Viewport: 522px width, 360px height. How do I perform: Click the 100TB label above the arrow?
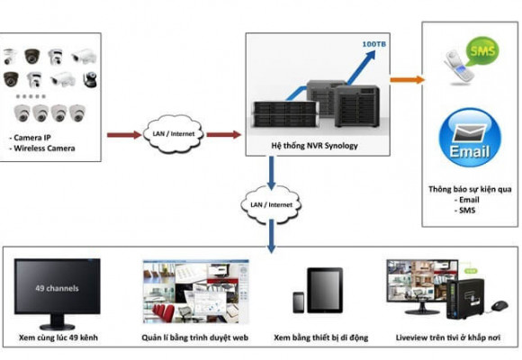pyautogui.click(x=373, y=42)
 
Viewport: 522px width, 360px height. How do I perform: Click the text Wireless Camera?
pyautogui.click(x=44, y=148)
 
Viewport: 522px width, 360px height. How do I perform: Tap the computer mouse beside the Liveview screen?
pyautogui.click(x=498, y=307)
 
